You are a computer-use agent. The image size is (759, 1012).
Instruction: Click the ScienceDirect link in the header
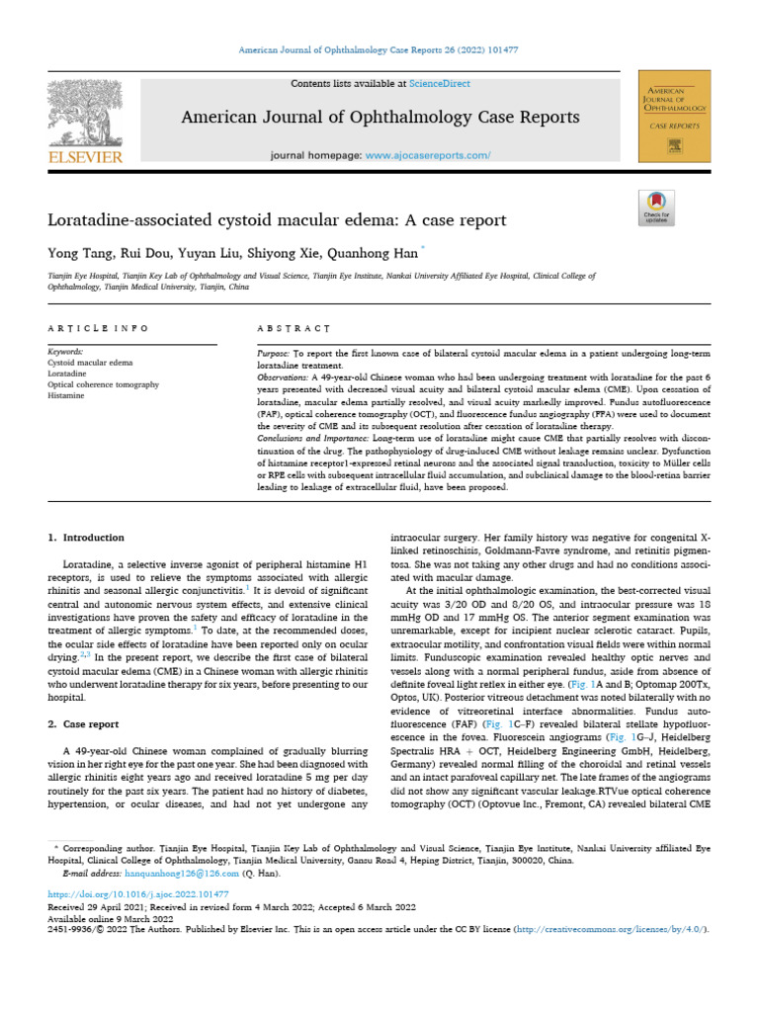click(445, 84)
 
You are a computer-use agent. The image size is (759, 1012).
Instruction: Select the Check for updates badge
click(656, 210)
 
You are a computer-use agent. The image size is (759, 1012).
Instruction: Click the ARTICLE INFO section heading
click(99, 327)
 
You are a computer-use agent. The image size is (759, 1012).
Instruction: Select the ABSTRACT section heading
click(293, 327)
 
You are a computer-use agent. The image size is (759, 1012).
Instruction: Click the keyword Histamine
click(67, 395)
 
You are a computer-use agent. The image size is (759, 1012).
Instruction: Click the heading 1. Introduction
click(87, 537)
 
